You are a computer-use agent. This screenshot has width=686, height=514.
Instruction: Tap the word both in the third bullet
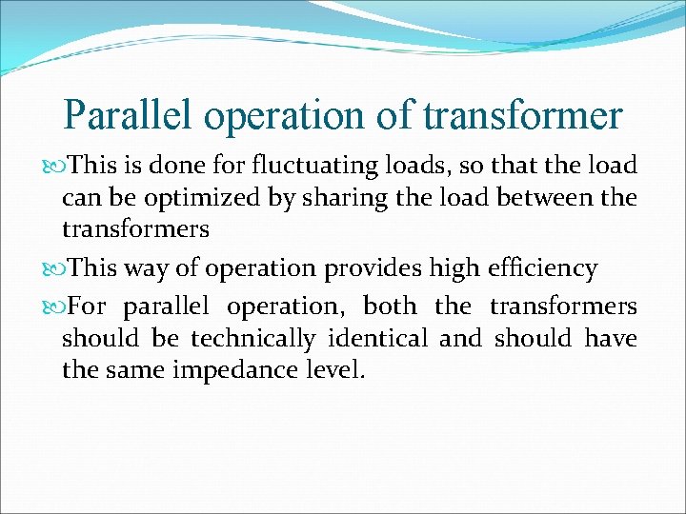click(390, 306)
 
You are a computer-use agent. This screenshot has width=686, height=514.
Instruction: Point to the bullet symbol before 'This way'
click(54, 269)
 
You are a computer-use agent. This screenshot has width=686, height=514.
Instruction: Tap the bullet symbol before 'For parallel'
click(54, 306)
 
